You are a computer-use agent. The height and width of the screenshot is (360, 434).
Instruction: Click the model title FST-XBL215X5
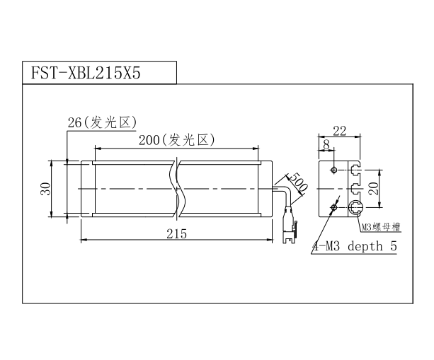86,74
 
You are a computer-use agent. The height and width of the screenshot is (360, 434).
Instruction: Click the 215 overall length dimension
176,234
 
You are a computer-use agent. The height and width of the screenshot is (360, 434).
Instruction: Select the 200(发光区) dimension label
176,140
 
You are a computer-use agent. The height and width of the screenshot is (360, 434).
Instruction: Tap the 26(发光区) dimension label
102,122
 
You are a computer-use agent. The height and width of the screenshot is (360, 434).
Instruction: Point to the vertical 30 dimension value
46,189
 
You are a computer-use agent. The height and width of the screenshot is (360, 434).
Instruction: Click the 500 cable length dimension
299,182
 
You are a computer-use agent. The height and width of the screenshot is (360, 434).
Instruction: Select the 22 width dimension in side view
339,131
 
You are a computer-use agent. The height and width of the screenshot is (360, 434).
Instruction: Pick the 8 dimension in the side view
326,144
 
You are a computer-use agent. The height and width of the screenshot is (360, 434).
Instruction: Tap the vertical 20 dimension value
374,189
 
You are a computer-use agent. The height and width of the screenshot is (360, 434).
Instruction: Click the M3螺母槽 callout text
381,227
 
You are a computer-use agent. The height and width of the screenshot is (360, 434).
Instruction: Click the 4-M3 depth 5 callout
355,246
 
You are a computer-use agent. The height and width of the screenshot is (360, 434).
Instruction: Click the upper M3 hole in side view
334,170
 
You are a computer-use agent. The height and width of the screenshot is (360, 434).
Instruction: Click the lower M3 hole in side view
334,207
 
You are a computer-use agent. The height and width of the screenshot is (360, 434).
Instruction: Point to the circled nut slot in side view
355,207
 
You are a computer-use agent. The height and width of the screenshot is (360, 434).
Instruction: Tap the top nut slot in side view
355,170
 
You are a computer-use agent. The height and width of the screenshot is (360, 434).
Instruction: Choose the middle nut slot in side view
355,189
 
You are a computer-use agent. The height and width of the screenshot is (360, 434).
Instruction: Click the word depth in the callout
365,246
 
